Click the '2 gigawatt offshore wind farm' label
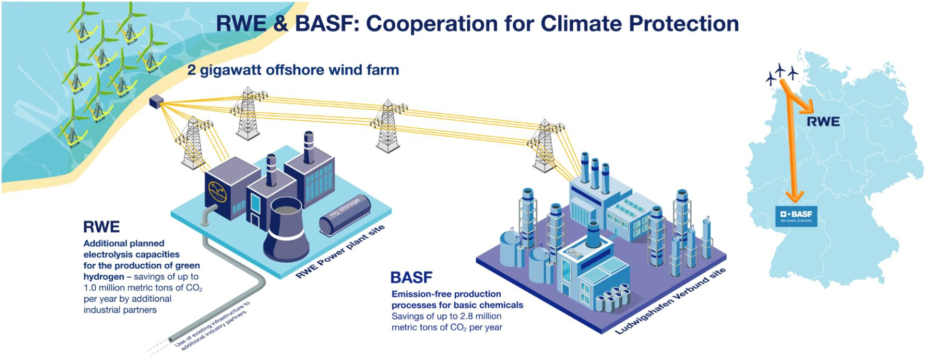[x=293, y=70]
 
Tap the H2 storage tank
[x=345, y=217]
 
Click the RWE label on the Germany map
[x=823, y=122]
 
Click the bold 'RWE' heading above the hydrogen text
[x=101, y=227]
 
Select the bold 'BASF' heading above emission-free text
[x=411, y=278]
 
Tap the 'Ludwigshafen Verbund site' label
[x=670, y=301]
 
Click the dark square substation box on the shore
[x=155, y=102]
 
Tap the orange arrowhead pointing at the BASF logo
[x=794, y=196]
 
